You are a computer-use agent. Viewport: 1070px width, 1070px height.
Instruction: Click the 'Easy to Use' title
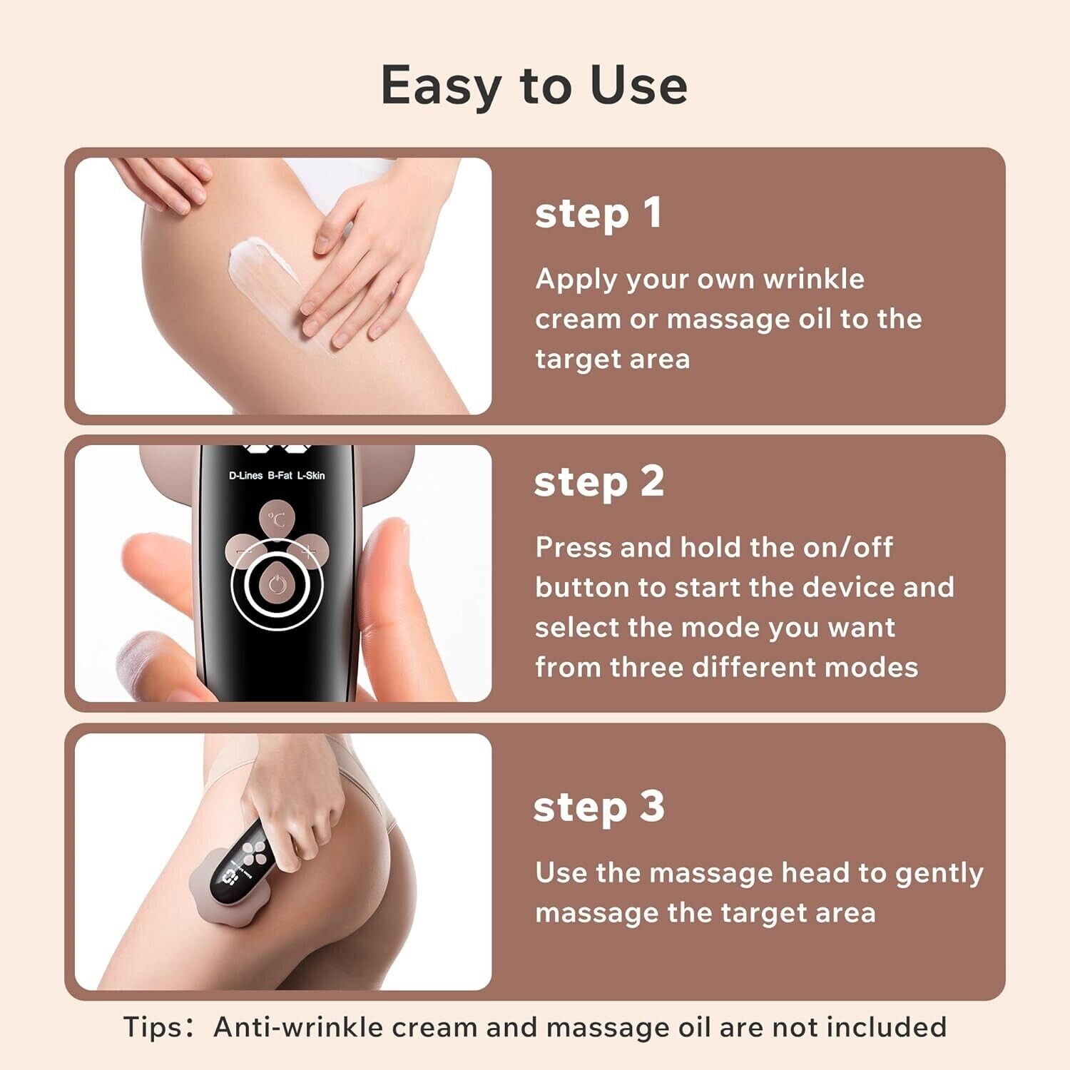[534, 86]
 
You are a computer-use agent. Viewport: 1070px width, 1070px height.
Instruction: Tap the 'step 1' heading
[598, 214]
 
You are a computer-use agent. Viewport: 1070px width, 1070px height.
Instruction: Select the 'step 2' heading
[599, 482]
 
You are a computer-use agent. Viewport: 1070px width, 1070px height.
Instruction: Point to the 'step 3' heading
[599, 807]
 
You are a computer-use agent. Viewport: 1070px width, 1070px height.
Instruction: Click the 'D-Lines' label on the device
[245, 476]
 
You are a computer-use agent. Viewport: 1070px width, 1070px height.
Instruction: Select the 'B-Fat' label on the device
[280, 476]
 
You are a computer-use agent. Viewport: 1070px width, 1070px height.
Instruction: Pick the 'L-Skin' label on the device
[311, 476]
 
